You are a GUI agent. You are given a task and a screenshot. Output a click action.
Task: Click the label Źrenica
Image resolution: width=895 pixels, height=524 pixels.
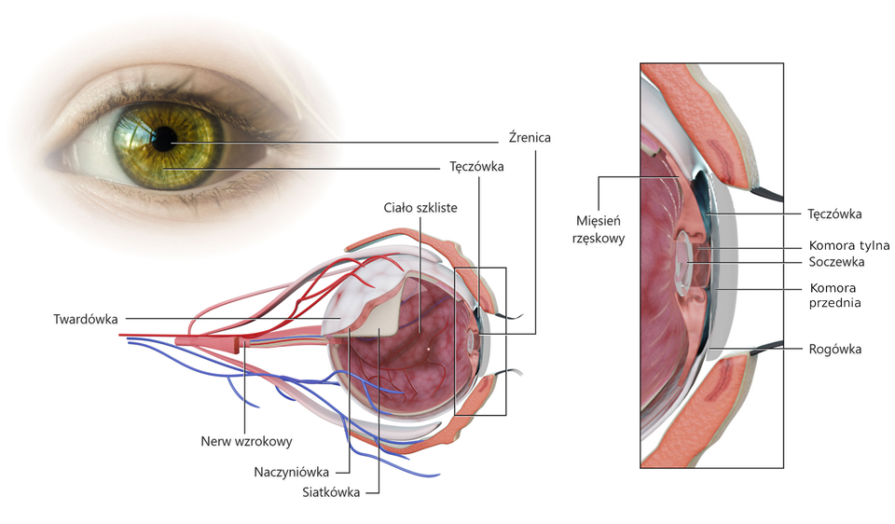[530, 138]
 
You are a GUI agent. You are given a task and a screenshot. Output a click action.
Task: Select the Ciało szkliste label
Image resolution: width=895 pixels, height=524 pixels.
[420, 207]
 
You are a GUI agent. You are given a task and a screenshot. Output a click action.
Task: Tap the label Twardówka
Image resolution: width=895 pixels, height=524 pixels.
[86, 320]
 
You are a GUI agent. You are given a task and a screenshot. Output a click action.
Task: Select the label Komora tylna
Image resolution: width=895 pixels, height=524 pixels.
[843, 246]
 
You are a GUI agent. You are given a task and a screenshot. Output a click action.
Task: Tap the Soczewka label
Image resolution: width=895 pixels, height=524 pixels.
[837, 262]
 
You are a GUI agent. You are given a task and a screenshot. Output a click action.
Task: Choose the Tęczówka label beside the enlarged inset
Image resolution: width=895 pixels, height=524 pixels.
[834, 214]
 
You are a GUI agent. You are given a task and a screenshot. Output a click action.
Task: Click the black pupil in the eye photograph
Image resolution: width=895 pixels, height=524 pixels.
[164, 140]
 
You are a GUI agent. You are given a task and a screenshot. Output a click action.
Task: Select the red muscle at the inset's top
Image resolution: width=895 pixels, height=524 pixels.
[709, 117]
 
